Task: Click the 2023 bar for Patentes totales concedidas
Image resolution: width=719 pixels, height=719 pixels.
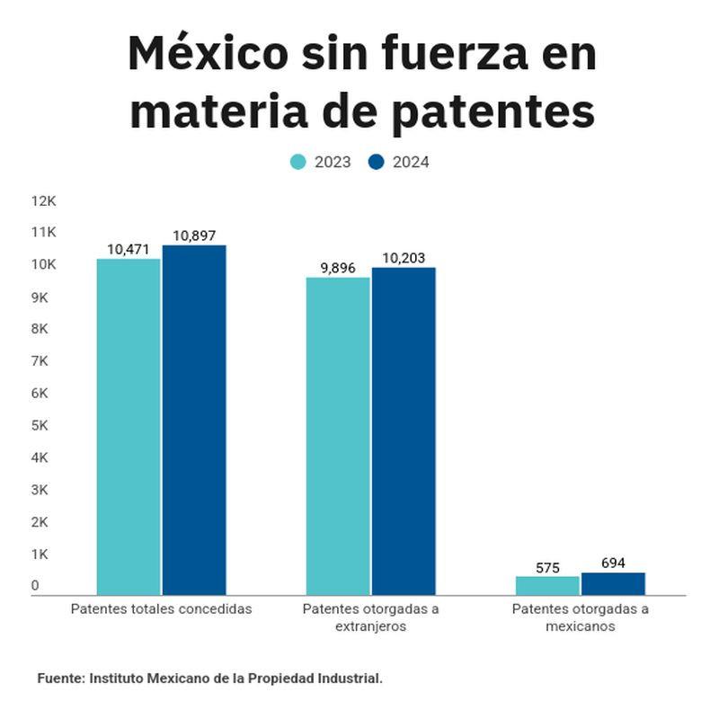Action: click(x=129, y=426)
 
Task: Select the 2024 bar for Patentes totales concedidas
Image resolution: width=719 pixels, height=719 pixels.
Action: click(x=194, y=420)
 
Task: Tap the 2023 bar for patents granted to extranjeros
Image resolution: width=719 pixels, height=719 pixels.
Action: click(x=338, y=436)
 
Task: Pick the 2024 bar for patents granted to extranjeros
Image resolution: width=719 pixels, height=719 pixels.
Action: click(x=404, y=431)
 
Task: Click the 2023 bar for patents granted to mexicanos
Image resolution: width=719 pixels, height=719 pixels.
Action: click(x=547, y=585)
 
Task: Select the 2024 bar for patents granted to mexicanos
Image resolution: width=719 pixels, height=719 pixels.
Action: click(x=613, y=583)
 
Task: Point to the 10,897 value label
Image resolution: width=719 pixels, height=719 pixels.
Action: click(x=194, y=235)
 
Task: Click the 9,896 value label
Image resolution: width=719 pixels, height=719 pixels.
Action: click(x=338, y=268)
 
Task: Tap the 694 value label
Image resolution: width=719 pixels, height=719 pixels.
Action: click(x=612, y=564)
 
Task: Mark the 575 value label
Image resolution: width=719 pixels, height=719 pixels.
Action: click(x=547, y=568)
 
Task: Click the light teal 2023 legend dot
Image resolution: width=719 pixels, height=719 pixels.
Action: click(x=298, y=162)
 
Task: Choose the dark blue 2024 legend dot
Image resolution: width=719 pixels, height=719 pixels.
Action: click(x=377, y=162)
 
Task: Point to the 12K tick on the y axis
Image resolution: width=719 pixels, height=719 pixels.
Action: click(x=43, y=200)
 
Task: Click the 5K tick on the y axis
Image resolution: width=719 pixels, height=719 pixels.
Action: click(x=40, y=425)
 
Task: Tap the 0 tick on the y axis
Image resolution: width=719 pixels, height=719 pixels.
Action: click(x=36, y=586)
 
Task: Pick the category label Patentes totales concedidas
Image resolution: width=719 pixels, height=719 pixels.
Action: click(x=162, y=609)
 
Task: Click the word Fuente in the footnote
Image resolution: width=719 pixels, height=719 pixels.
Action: click(x=60, y=679)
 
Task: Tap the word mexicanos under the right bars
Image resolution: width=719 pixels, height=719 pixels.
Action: click(x=581, y=626)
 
